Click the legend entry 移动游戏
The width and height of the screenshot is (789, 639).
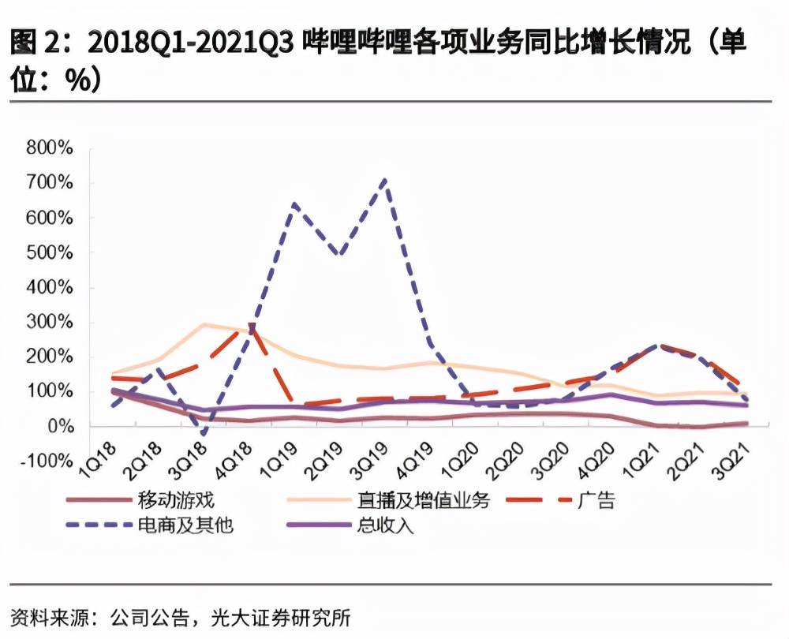[175, 499]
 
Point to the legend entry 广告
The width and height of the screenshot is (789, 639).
[596, 499]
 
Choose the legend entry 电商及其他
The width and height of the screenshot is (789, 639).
[185, 525]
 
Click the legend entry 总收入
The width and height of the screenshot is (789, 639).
[381, 525]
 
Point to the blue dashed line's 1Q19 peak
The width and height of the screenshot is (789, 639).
[294, 204]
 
